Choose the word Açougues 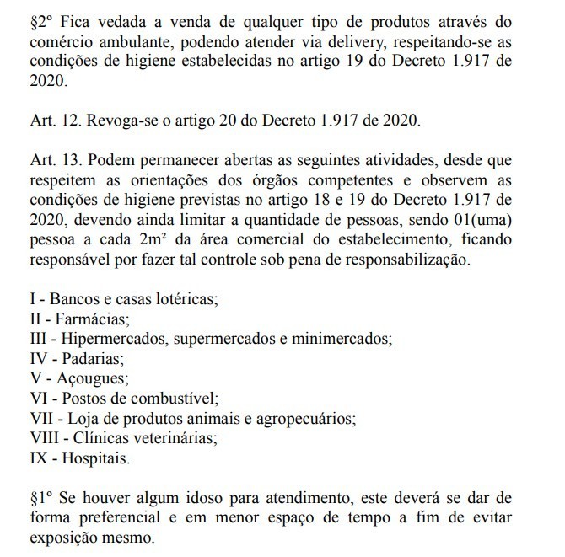point(90,378)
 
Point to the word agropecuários point(308,419)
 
